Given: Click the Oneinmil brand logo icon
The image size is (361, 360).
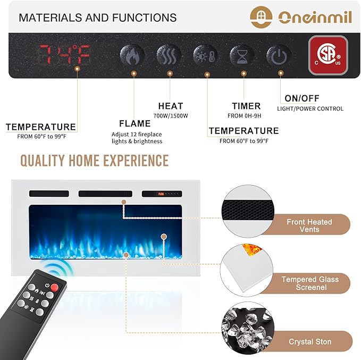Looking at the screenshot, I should [x=261, y=16].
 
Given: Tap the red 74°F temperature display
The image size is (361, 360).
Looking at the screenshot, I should [x=65, y=54].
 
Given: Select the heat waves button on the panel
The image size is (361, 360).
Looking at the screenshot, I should [x=169, y=55].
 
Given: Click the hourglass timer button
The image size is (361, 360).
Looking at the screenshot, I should [x=242, y=55].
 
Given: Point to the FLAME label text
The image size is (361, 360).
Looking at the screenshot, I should [x=135, y=124].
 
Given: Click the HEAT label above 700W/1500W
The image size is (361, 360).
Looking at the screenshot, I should [x=171, y=106].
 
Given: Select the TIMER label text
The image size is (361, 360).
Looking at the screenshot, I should [x=246, y=106].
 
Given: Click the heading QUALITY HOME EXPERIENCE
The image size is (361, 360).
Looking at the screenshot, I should [x=94, y=160].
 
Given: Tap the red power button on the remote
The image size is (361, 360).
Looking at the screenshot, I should [x=54, y=287].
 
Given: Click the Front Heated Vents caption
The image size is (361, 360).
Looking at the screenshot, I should [x=309, y=225].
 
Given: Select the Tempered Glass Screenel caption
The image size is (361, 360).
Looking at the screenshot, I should [x=310, y=283].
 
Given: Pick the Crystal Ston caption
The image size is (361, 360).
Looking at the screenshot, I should [x=310, y=341].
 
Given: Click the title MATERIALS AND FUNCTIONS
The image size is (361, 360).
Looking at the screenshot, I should [x=98, y=18].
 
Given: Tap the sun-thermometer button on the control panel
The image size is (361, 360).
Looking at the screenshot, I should [x=205, y=55].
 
